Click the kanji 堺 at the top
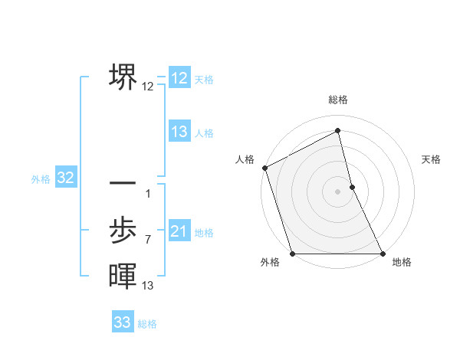click(123, 77)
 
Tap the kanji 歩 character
click(123, 230)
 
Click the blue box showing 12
click(179, 78)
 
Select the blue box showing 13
click(179, 132)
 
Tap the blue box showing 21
click(179, 231)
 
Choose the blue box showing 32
click(65, 178)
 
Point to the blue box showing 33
click(123, 322)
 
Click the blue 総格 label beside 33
click(147, 324)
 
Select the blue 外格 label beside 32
click(41, 179)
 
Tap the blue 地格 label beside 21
click(204, 233)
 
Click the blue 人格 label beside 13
click(204, 133)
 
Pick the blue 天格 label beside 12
click(204, 80)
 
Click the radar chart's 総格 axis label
click(337, 100)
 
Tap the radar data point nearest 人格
click(264, 168)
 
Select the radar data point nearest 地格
click(382, 254)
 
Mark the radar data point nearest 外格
click(293, 254)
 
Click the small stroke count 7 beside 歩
click(147, 240)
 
